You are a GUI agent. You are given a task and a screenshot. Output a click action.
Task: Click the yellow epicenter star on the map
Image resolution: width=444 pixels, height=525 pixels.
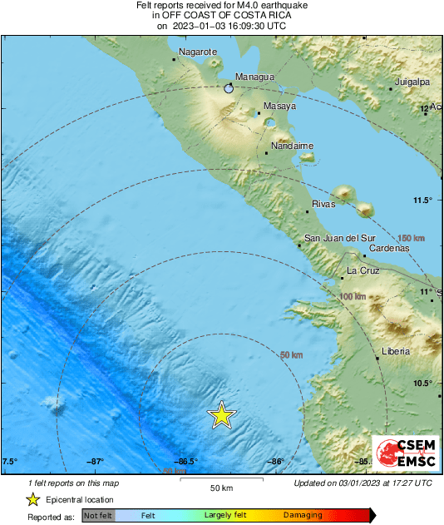[221, 414]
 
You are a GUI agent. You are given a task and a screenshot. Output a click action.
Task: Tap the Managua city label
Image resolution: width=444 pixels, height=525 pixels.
[254, 77]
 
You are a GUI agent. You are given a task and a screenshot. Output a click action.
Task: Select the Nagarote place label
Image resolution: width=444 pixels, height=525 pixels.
[200, 52]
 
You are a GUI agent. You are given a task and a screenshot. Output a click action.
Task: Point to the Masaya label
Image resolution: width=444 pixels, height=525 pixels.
[279, 106]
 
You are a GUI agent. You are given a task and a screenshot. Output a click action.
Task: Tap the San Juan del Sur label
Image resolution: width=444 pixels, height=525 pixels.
[340, 239]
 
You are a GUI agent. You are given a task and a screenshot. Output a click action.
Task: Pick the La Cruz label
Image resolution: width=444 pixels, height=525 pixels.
[363, 270]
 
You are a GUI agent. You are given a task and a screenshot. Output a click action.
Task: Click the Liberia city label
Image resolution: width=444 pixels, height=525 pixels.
[395, 352]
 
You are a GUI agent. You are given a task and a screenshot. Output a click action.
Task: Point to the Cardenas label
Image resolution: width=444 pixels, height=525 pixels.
[390, 248]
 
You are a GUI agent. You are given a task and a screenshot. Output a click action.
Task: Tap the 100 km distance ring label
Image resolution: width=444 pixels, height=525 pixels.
[353, 295]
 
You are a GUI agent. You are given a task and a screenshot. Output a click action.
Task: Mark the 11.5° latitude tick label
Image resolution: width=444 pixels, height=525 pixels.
[425, 200]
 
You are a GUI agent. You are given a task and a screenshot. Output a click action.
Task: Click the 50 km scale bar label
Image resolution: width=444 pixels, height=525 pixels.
[220, 487]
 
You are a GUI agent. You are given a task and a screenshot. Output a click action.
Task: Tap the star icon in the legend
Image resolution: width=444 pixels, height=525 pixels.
[32, 499]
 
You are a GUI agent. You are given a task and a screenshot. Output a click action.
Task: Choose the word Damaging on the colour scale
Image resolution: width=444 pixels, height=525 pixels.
[303, 516]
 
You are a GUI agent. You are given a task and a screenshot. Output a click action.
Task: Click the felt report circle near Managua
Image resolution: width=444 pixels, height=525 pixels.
[229, 87]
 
